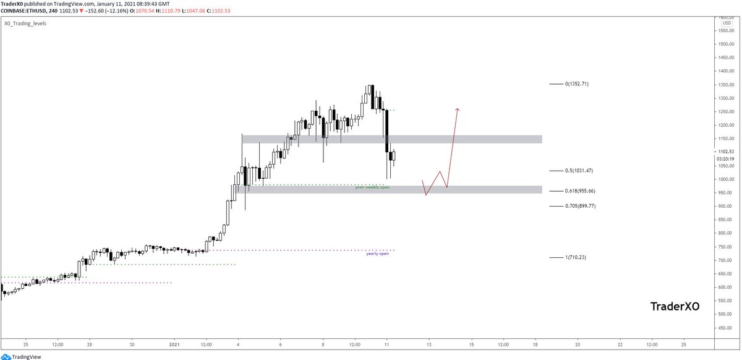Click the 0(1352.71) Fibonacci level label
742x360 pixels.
(576, 84)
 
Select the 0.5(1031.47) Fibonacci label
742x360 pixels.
(579, 170)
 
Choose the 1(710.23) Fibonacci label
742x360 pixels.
(576, 257)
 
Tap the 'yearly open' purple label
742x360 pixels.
(377, 254)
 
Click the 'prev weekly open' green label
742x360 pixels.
(372, 187)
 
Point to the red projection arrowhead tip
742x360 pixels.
(458, 109)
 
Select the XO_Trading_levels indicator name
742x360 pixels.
(25, 24)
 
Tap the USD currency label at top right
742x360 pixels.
(727, 24)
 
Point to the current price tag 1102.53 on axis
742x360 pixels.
(726, 152)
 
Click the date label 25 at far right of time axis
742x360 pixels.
(683, 344)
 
